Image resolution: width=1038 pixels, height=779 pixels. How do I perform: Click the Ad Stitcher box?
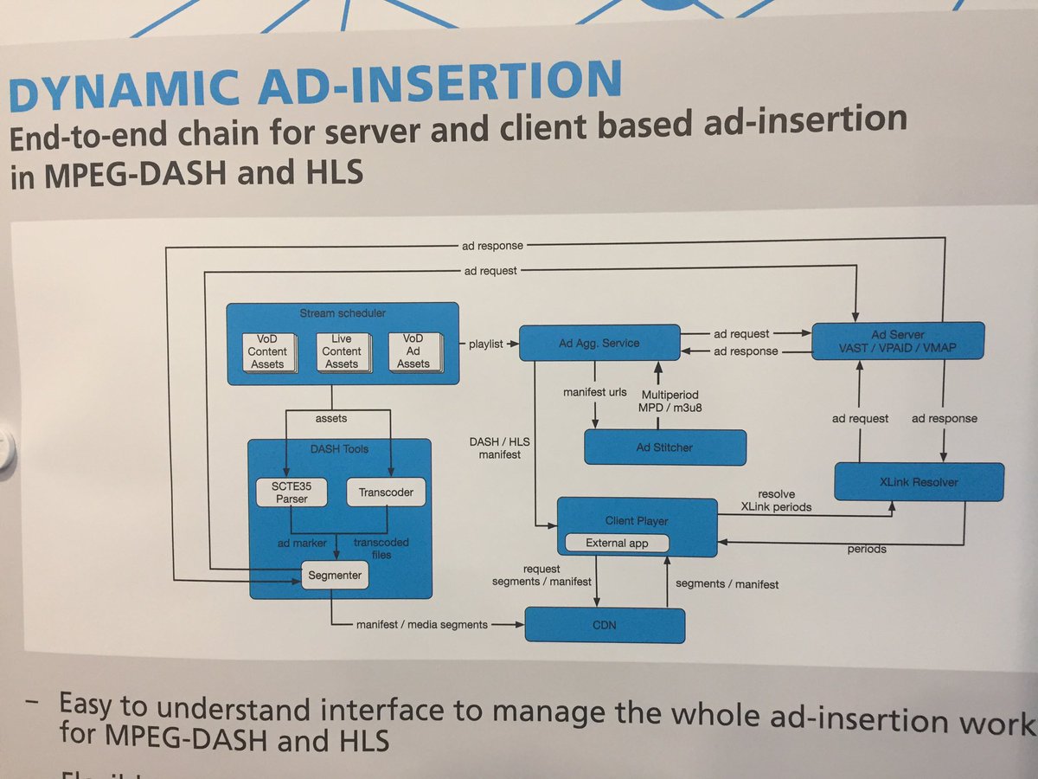coord(664,447)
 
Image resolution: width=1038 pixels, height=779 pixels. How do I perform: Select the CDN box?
coord(605,624)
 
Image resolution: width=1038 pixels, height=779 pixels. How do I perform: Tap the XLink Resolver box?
coord(919,481)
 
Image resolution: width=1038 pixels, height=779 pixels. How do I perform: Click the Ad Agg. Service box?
coord(598,343)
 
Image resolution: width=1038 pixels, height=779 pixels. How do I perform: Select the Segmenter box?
coord(336,574)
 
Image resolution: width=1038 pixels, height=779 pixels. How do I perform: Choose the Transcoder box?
coord(386,492)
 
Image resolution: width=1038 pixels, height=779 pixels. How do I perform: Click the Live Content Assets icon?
coord(342,351)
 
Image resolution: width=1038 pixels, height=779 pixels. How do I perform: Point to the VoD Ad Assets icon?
coord(413,351)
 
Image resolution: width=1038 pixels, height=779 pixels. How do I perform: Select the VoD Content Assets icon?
coord(267,351)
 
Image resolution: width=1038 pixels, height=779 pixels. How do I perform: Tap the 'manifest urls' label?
coord(594,392)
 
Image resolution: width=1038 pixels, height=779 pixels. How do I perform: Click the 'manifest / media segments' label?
coord(421,624)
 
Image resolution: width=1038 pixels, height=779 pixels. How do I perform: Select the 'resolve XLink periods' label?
coord(776,499)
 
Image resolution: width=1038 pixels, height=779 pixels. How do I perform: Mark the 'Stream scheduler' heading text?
coord(343,312)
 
